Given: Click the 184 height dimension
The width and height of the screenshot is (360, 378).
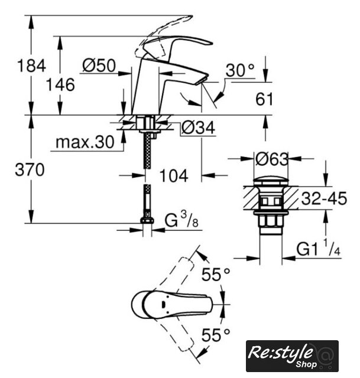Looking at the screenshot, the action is (x=31, y=66).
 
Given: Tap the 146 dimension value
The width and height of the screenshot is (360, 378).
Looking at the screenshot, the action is (x=60, y=85).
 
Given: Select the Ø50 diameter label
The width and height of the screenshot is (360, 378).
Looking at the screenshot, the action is (x=99, y=66).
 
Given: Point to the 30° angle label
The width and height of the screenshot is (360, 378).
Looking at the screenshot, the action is (x=240, y=70).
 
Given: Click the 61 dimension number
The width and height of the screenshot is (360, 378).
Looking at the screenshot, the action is (x=264, y=99).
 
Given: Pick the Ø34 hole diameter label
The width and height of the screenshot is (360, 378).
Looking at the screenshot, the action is (x=198, y=128).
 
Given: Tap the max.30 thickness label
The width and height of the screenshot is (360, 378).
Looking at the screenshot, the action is (x=85, y=142).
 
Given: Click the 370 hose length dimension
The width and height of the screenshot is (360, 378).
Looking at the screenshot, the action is (x=30, y=170).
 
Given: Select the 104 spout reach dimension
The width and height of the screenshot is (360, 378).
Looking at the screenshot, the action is (x=174, y=176).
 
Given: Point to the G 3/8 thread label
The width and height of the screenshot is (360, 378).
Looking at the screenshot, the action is (x=181, y=220).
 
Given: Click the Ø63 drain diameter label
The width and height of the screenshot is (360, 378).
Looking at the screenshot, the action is (x=272, y=159).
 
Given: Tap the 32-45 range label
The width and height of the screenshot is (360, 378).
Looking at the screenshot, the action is (x=324, y=198).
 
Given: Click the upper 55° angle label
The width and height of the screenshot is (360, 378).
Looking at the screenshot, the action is (x=216, y=275).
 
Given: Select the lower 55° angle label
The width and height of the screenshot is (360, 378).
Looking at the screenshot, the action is (x=216, y=335).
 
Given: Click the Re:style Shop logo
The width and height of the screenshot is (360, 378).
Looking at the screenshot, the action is (x=292, y=356).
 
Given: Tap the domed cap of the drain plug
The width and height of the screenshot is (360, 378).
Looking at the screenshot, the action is (x=271, y=182).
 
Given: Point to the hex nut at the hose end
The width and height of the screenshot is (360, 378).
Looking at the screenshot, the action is (x=147, y=220).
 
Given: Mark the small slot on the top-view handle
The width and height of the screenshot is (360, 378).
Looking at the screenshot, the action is (x=163, y=305).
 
